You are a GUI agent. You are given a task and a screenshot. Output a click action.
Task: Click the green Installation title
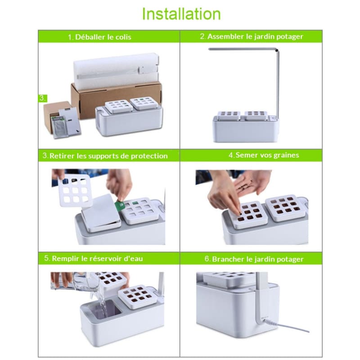pos(181,14)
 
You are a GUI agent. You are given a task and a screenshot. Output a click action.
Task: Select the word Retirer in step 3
pos(62,156)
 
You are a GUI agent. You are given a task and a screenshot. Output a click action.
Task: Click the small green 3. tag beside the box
pos(42,98)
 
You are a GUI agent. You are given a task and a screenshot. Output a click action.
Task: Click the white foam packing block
pos(116,69)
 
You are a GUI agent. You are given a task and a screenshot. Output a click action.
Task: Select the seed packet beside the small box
pos(58,126)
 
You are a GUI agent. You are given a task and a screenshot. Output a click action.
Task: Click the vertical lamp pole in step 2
pos(278,85)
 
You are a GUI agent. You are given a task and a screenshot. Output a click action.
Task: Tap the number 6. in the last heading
pos(207,259)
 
